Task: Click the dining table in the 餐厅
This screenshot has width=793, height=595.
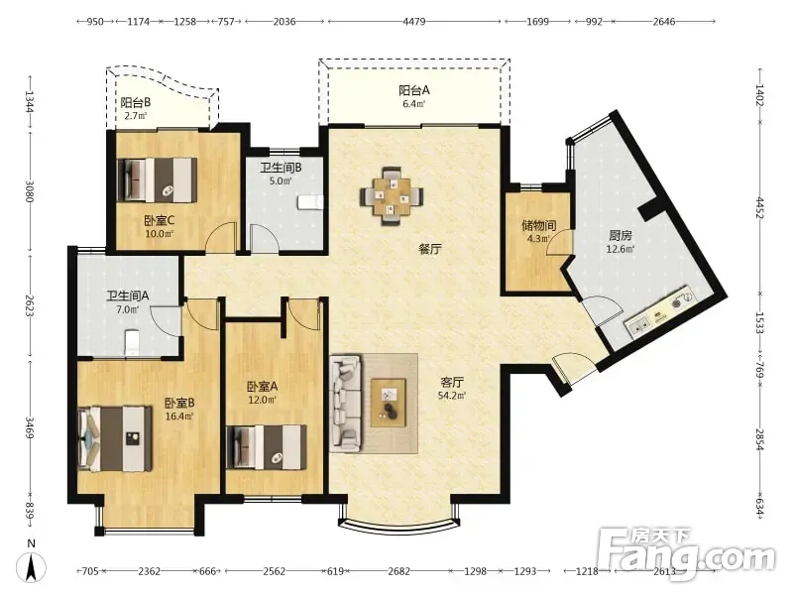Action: tap(392, 195)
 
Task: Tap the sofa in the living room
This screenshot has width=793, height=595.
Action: tap(345, 403)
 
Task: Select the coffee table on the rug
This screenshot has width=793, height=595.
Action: tap(389, 403)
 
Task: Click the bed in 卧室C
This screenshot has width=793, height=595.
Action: tap(157, 180)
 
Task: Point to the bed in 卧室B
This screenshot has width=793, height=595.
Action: tap(115, 438)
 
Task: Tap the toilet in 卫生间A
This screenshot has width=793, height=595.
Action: tap(132, 342)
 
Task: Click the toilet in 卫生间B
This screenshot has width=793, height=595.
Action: tap(310, 202)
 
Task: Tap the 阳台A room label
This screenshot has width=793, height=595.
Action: tap(414, 90)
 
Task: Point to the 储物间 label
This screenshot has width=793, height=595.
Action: tap(539, 225)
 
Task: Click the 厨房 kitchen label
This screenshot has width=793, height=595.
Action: tap(621, 236)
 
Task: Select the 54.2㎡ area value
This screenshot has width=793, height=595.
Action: tap(452, 395)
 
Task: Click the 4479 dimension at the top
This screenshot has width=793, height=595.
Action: tap(414, 22)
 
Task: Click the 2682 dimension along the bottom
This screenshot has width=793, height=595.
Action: tap(399, 571)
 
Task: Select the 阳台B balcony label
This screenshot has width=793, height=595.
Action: tap(136, 103)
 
